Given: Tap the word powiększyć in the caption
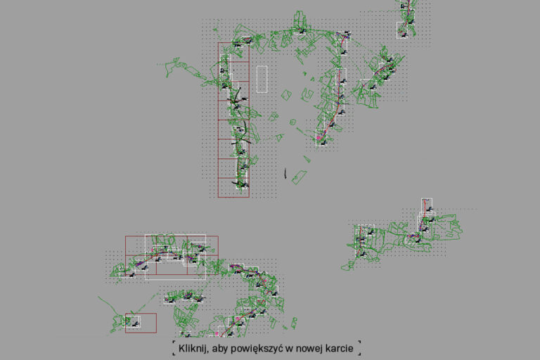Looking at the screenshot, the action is click(254, 349).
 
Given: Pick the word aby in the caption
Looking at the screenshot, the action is click(219, 349).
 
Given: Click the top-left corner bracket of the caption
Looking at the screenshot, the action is click(174, 342).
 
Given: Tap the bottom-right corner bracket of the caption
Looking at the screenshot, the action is click(359, 354).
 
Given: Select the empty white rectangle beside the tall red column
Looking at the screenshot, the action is click(262, 79).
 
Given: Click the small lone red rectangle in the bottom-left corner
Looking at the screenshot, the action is click(141, 323).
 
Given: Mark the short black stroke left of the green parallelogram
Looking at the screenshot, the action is click(285, 173).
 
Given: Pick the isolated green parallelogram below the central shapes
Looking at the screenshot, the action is click(299, 177).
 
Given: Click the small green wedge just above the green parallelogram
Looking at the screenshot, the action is click(307, 159).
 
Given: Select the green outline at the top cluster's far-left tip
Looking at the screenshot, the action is click(172, 67).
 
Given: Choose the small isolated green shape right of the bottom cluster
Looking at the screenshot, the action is click(294, 323).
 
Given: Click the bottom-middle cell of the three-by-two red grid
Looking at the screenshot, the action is click(172, 265).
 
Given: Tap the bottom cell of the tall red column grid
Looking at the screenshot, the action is click(233, 188).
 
